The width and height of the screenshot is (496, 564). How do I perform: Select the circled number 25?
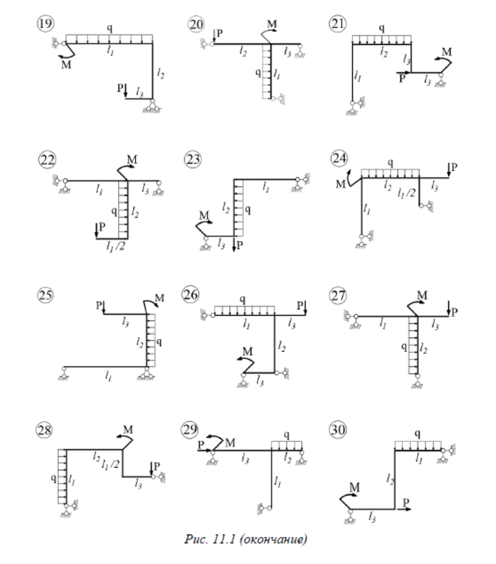click(x=44, y=295)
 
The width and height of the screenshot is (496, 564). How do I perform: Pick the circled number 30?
click(x=337, y=430)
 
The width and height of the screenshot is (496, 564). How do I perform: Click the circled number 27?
click(x=337, y=295)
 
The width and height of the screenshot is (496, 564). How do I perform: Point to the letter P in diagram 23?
click(x=240, y=246)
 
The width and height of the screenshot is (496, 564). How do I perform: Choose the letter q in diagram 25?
click(x=159, y=341)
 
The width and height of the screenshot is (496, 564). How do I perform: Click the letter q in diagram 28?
click(x=54, y=478)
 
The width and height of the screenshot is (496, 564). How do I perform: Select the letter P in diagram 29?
click(x=200, y=444)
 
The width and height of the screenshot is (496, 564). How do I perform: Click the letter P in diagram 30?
click(x=407, y=502)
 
